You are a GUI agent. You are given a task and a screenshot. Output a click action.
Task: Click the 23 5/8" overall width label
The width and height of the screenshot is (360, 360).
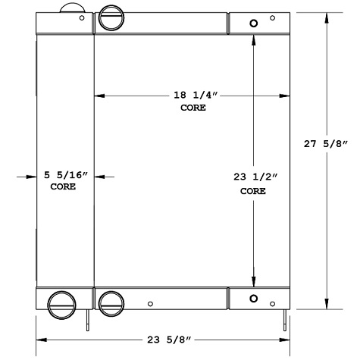pos(161,340)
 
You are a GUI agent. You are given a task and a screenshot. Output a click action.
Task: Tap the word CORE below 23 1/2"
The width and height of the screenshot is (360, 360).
pos(253,191)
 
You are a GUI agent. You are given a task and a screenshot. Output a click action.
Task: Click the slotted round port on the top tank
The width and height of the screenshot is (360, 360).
pos(111,17)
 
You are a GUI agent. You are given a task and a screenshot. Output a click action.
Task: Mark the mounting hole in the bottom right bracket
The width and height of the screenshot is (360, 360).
pos(254,297)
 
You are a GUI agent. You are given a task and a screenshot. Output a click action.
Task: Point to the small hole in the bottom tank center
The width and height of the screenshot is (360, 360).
pos(150,304)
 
